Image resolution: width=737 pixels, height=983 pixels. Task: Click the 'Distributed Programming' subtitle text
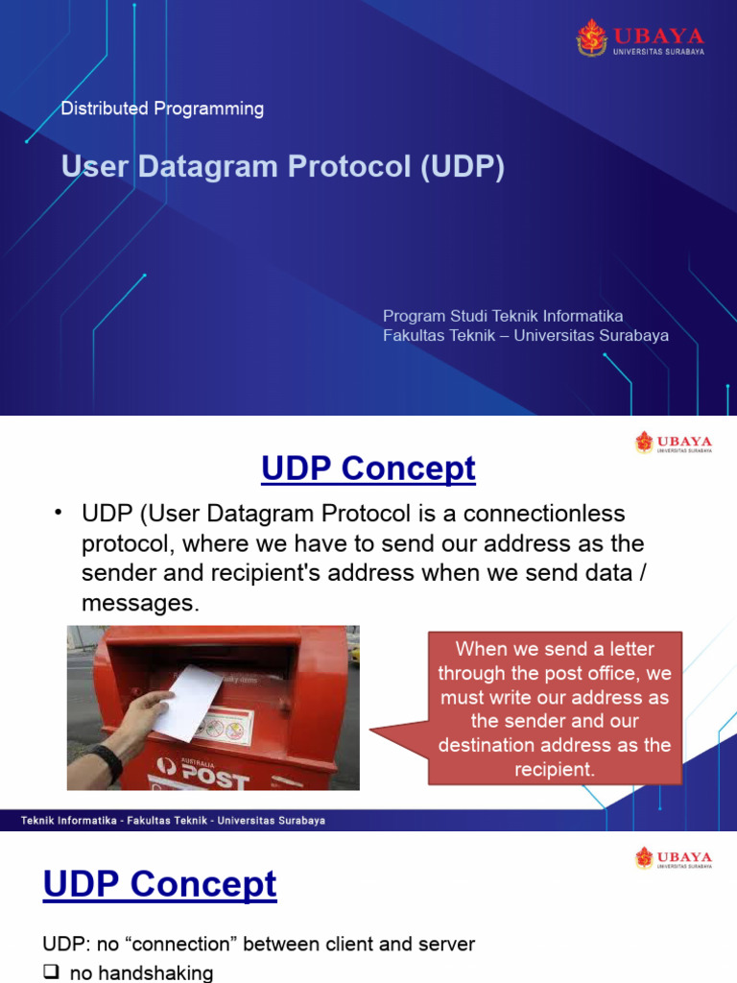[162, 108]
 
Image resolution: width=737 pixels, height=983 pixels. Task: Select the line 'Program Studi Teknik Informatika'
[503, 316]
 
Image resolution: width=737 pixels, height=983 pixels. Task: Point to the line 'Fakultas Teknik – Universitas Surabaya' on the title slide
[525, 336]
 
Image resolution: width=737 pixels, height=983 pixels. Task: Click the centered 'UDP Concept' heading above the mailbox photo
[368, 468]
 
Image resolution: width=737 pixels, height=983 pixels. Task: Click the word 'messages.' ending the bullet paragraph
[140, 603]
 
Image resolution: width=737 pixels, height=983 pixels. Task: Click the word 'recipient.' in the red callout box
[555, 769]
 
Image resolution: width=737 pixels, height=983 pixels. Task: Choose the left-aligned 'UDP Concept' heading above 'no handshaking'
[159, 884]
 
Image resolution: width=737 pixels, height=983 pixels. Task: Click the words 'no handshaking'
[142, 972]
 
